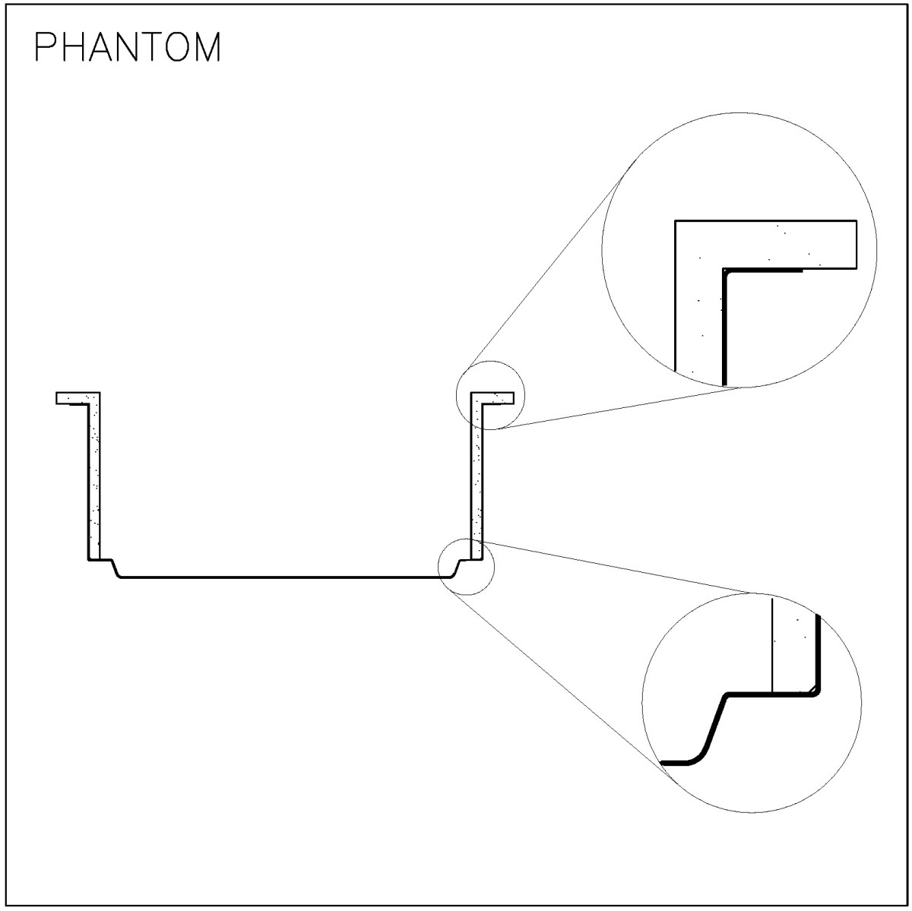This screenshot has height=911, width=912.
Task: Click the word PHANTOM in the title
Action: pos(128,47)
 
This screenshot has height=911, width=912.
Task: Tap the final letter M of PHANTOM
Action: pos(207,47)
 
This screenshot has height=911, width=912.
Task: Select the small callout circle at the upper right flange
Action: pos(490,362)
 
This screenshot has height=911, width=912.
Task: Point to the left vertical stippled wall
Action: pos(94,478)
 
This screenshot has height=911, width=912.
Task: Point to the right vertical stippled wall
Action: pos(477,478)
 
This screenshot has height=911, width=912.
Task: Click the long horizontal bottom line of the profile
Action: pos(285,577)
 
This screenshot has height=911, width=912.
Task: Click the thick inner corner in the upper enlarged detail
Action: pos(724,270)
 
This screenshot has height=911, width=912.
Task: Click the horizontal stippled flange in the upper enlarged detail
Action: pos(766,245)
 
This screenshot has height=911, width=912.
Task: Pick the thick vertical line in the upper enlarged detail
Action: pos(724,327)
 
